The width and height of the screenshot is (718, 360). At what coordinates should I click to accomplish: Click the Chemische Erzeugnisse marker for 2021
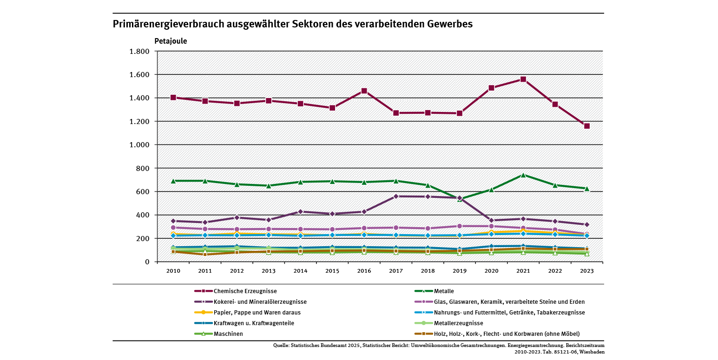point(523,79)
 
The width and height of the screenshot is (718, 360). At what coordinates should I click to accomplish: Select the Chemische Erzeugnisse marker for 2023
point(587,126)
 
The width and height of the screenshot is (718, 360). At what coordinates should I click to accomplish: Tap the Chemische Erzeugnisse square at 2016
point(364,91)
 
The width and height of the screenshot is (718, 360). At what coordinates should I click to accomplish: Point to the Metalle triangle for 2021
point(523,175)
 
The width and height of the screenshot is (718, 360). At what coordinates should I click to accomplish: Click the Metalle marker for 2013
point(269,186)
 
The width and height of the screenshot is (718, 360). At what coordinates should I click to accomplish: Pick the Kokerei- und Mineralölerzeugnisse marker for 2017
point(396,196)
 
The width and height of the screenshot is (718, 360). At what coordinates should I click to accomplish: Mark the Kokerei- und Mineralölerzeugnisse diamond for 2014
point(300,212)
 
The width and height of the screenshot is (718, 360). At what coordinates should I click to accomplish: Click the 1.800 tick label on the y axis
point(139,52)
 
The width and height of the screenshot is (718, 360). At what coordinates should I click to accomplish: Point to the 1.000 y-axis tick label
point(139,145)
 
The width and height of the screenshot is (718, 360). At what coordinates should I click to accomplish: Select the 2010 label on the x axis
point(173,270)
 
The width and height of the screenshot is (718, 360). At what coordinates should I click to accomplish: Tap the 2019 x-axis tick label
point(460,270)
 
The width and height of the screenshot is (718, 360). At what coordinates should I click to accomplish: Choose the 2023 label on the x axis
point(587,270)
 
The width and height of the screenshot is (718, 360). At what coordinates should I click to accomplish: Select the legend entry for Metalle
point(443,291)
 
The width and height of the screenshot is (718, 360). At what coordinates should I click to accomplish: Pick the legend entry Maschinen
point(228,334)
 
